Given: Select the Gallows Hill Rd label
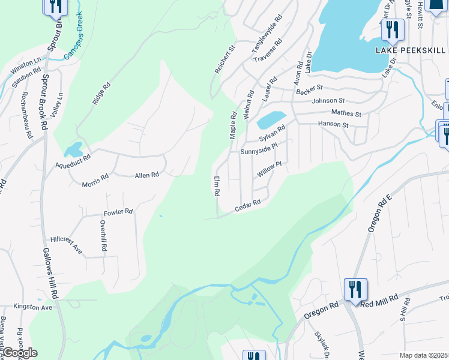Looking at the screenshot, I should pos(49,274).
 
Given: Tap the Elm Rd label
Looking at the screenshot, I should pos(217,187).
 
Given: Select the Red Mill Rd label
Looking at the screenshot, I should pos(381,298).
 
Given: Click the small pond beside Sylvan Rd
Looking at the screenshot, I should pos(271,119).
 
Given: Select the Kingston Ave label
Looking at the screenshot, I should pos(34,307).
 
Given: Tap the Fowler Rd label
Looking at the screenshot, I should pos(118,212).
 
